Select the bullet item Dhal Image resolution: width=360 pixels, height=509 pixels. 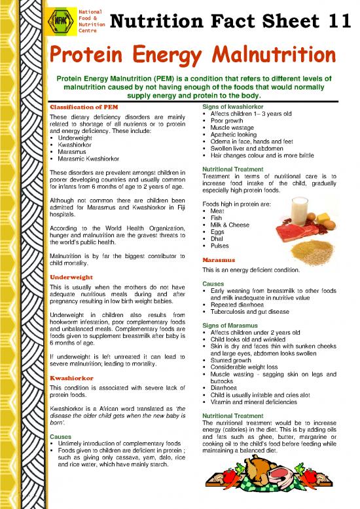(218, 239)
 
